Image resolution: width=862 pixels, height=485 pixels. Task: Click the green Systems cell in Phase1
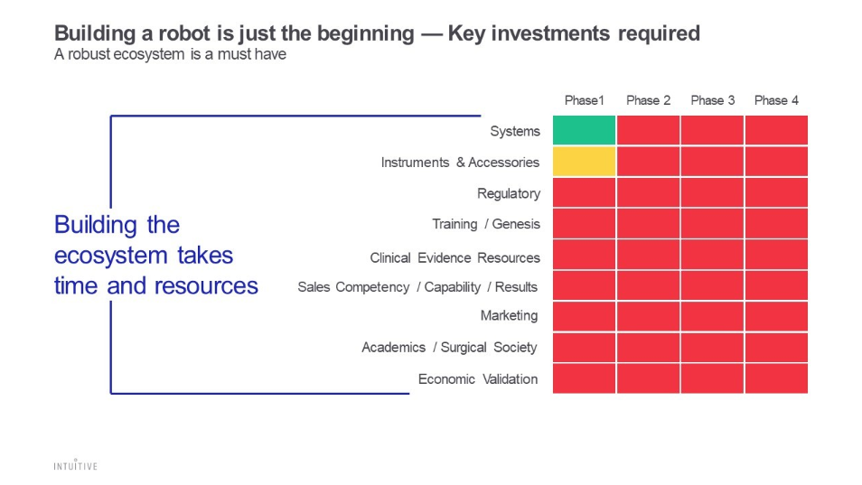(584, 130)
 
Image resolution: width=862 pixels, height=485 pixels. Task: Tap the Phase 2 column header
(648, 100)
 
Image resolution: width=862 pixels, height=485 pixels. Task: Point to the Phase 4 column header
(776, 100)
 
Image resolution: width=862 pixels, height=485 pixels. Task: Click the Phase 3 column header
(712, 100)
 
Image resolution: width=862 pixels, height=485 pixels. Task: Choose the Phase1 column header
(584, 100)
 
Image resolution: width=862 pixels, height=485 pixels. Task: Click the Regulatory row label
(509, 193)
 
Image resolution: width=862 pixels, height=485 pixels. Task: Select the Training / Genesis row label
(485, 224)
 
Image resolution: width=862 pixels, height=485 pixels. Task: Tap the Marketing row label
(509, 315)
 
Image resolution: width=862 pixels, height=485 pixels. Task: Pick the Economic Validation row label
(478, 379)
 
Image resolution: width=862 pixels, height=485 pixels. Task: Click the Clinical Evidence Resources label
(454, 257)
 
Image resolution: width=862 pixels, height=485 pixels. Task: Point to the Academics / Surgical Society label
(449, 347)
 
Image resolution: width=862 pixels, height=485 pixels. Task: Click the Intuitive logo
(75, 465)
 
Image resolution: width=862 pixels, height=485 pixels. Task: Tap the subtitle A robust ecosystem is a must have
(170, 54)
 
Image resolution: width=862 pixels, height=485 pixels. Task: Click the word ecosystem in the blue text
(105, 256)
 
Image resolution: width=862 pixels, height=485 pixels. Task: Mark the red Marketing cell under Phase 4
(776, 316)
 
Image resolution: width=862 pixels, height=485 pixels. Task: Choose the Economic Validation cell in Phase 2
(648, 378)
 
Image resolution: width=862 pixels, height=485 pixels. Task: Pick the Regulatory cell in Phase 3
(712, 192)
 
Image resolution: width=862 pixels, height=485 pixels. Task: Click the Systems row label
(515, 131)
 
